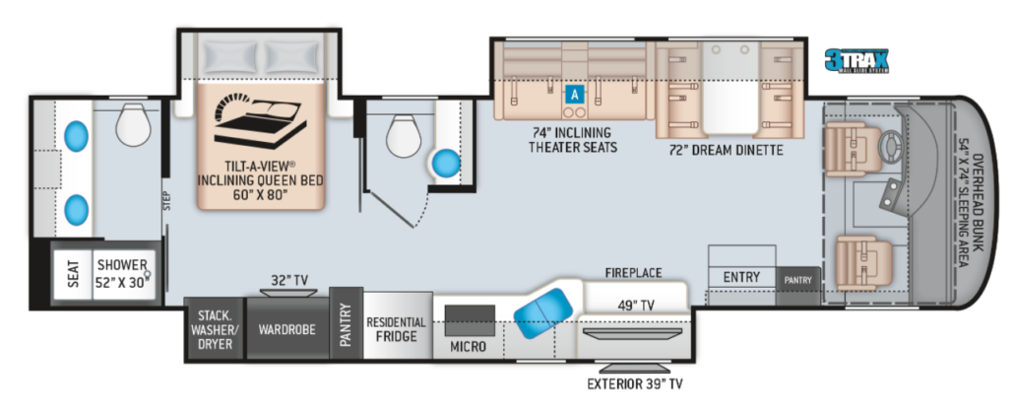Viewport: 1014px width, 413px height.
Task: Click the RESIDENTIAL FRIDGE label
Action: tap(396, 329)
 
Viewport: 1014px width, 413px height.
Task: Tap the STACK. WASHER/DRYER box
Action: tap(214, 329)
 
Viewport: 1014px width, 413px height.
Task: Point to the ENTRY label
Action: tap(740, 277)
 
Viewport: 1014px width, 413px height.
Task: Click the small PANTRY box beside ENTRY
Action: tap(797, 280)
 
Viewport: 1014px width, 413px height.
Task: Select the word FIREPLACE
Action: tap(633, 272)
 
